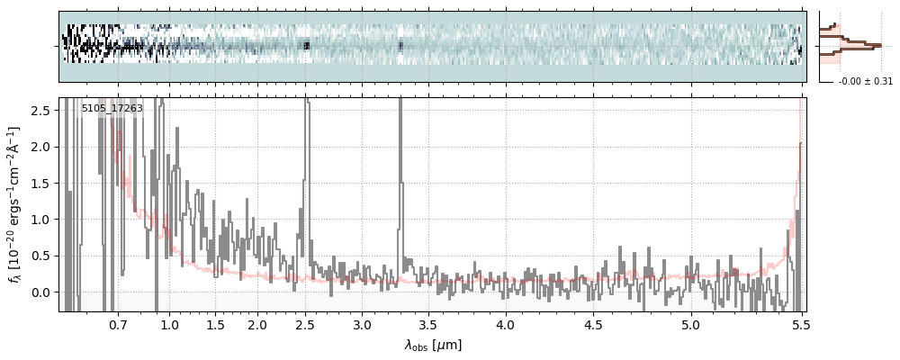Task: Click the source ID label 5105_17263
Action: tap(112, 109)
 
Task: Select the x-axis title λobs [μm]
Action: tap(433, 344)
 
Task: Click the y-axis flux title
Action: tap(15, 205)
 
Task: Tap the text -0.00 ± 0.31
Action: tap(865, 82)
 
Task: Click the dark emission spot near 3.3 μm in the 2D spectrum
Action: tap(400, 44)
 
